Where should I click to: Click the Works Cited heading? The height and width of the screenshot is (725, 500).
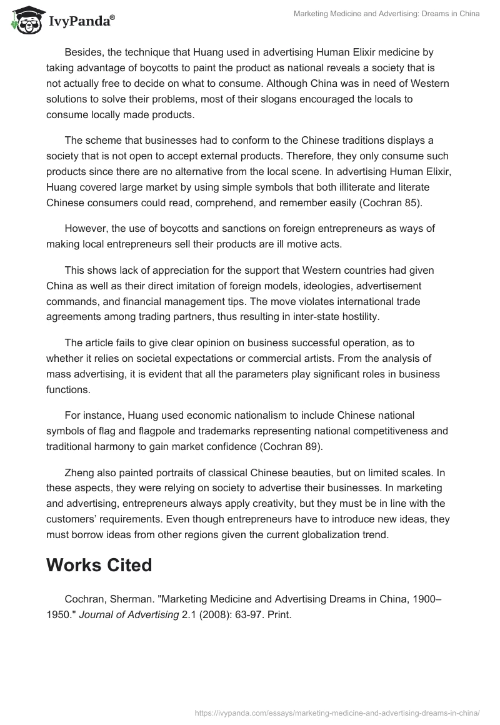99,564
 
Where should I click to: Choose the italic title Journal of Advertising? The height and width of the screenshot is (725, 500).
129,614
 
